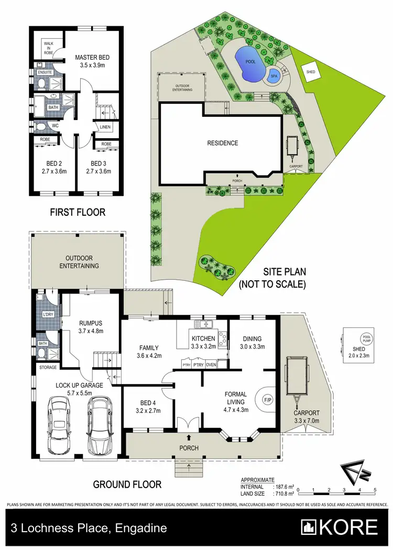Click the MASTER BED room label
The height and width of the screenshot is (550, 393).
click(92, 57)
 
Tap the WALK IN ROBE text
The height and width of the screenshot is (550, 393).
click(49, 48)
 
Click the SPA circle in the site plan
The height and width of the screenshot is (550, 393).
click(273, 76)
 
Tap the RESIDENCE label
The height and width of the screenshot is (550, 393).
click(222, 143)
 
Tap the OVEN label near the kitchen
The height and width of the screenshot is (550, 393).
click(211, 365)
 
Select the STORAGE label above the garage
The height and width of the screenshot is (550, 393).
click(48, 368)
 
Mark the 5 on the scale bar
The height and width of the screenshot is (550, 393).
click(375, 490)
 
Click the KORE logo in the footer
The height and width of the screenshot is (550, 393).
click(339, 527)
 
